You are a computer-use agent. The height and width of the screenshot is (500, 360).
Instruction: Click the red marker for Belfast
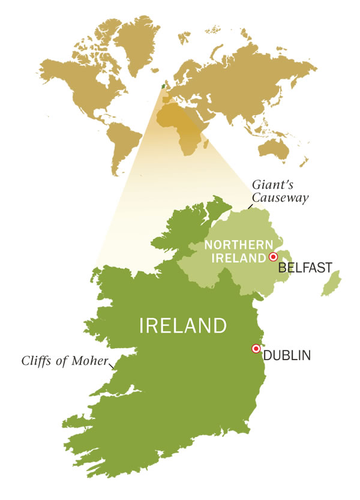274,257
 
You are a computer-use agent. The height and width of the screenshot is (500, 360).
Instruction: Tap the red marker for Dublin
256,348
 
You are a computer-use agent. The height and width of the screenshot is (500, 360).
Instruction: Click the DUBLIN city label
287,355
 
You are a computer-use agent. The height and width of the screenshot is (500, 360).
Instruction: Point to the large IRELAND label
183,326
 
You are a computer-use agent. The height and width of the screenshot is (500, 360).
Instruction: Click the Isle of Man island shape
329,284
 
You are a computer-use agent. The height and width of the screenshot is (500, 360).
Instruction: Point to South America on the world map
126,144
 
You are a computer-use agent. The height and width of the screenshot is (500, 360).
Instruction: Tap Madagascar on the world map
207,144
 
